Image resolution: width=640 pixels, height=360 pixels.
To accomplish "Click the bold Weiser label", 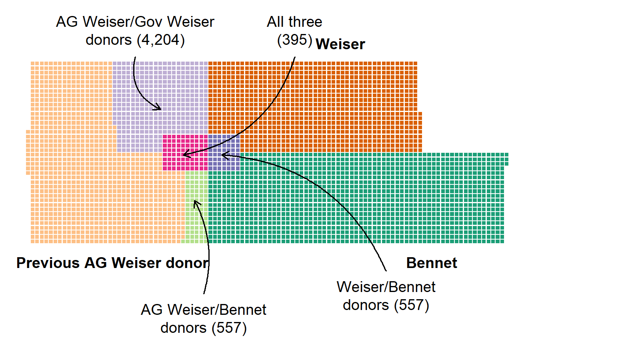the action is pyautogui.click(x=340, y=44).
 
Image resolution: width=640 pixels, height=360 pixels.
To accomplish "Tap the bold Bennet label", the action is pyautogui.click(x=432, y=263).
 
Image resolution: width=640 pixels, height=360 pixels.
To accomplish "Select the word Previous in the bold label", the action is pyautogui.click(x=48, y=263).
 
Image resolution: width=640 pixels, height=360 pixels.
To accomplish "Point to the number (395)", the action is pyautogui.click(x=294, y=40).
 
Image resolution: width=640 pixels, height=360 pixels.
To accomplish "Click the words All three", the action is pyautogui.click(x=294, y=22).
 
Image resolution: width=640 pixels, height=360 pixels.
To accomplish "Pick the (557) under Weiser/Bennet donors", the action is pyautogui.click(x=412, y=305).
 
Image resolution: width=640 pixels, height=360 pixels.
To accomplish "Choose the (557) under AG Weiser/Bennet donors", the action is pyautogui.click(x=229, y=328).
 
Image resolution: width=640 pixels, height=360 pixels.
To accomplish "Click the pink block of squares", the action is pyautogui.click(x=186, y=152).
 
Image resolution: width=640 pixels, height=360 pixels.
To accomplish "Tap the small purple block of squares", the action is pyautogui.click(x=224, y=152).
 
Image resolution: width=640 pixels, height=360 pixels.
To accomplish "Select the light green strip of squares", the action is pyautogui.click(x=196, y=207).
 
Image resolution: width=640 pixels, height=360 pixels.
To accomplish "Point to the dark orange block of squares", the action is pyautogui.click(x=314, y=106).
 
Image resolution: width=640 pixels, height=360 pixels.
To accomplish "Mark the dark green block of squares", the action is pyautogui.click(x=357, y=200).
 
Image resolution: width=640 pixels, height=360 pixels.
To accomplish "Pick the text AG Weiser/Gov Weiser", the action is pyautogui.click(x=135, y=22).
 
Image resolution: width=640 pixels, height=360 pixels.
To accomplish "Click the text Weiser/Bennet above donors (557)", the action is pyautogui.click(x=386, y=287).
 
